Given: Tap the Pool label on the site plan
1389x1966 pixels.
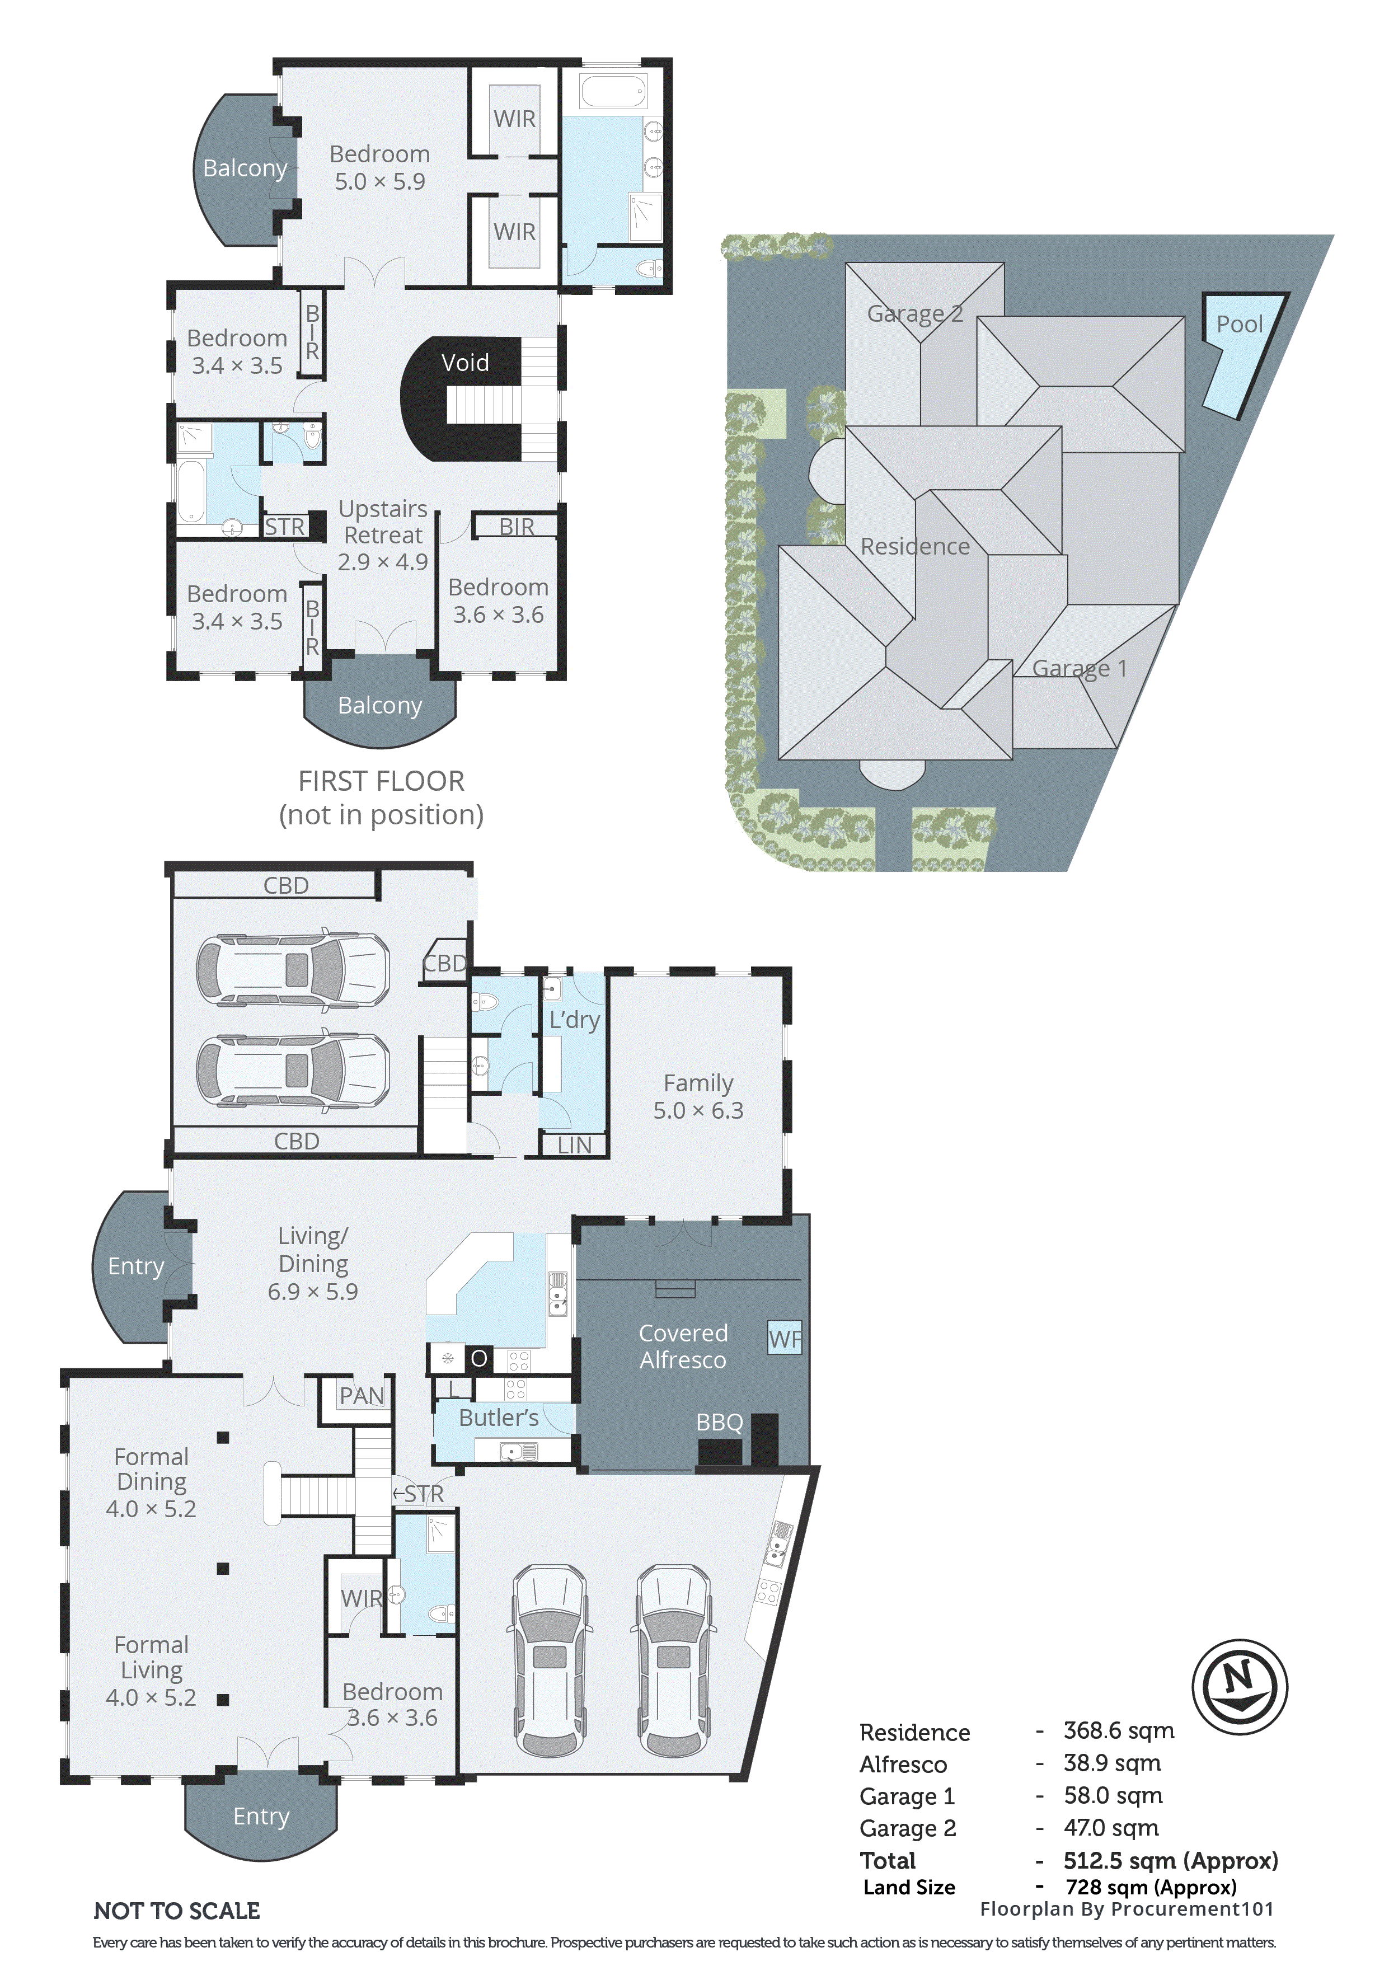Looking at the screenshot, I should pyautogui.click(x=1238, y=325).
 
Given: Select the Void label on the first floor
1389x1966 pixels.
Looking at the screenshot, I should pyautogui.click(x=465, y=363).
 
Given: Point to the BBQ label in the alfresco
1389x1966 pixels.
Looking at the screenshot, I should pyautogui.click(x=719, y=1422).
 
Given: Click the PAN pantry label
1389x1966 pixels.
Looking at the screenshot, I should pyautogui.click(x=362, y=1396).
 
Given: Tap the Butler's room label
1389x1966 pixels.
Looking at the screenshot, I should pyautogui.click(x=499, y=1418).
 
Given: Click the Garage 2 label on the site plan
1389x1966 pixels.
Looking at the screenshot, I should pyautogui.click(x=914, y=315).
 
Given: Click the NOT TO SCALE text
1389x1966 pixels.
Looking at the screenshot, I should pyautogui.click(x=176, y=1911).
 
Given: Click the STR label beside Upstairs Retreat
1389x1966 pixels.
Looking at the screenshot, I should pyautogui.click(x=284, y=527).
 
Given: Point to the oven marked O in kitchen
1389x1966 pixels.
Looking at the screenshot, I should pyautogui.click(x=478, y=1359).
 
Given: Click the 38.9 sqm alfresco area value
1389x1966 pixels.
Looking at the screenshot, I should pyautogui.click(x=1111, y=1763).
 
